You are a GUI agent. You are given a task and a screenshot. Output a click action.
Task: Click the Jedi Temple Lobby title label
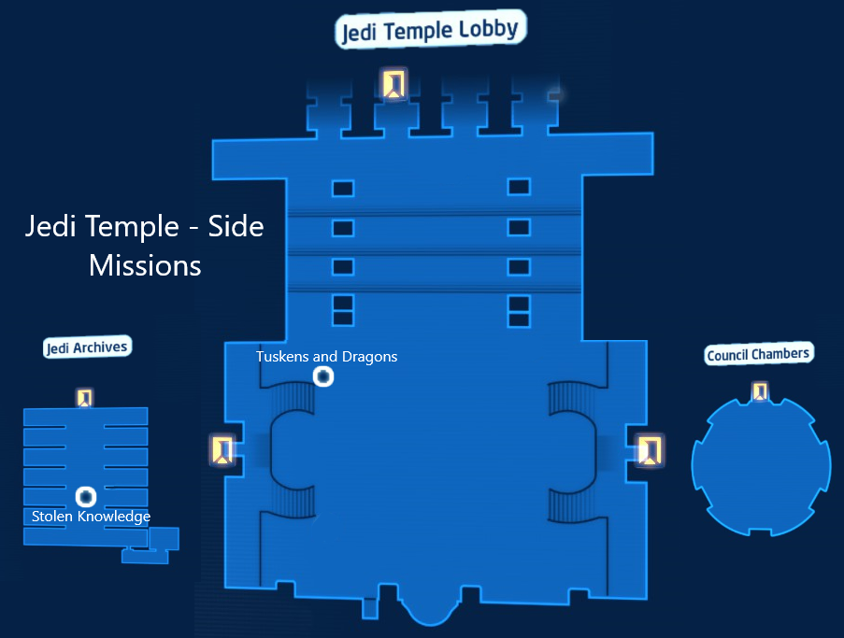tap(430, 31)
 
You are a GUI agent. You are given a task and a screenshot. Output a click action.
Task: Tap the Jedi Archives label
tap(86, 347)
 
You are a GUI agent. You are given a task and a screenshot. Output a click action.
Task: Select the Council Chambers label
tap(758, 354)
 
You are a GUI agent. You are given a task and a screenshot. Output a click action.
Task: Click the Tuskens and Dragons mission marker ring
tap(323, 376)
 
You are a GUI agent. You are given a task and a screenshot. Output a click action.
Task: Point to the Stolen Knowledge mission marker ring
tap(86, 497)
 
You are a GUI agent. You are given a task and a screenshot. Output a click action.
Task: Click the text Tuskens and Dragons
tap(327, 356)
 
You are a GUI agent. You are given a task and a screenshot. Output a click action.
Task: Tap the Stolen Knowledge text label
tap(91, 517)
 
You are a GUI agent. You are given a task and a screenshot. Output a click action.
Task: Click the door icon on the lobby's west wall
tap(222, 450)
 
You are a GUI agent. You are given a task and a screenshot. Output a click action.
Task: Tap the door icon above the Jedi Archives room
tap(85, 398)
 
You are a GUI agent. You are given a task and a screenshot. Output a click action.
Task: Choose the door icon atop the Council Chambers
tap(761, 391)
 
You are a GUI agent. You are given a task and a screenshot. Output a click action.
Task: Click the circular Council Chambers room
tap(761, 467)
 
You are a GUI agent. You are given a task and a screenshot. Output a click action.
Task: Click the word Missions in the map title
tap(145, 265)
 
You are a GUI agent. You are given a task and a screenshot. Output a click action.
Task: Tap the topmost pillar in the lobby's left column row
tap(343, 189)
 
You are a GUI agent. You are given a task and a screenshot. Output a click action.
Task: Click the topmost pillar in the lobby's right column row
tap(519, 188)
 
